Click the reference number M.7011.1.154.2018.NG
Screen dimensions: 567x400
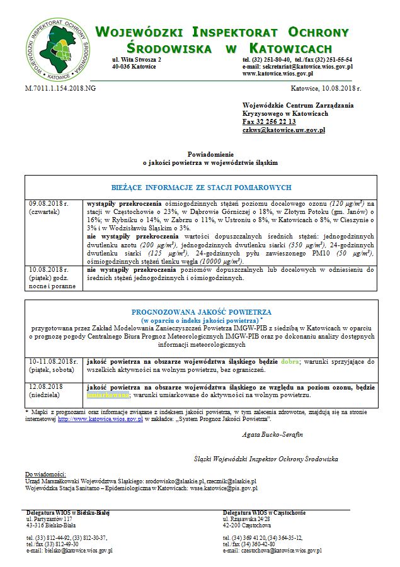tap(60, 89)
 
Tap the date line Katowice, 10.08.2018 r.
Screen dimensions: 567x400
tap(325, 89)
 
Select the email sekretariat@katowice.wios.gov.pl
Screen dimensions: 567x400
tap(307, 66)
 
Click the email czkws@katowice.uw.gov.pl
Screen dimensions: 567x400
tap(283, 130)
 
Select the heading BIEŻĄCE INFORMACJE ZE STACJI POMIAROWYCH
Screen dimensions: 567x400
tap(201, 188)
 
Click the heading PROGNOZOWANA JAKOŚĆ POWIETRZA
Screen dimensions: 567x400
tap(201, 312)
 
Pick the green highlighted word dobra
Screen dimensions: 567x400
tap(289, 362)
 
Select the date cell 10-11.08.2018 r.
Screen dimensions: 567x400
tap(53, 362)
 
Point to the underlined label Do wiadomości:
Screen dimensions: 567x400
tap(45, 473)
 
